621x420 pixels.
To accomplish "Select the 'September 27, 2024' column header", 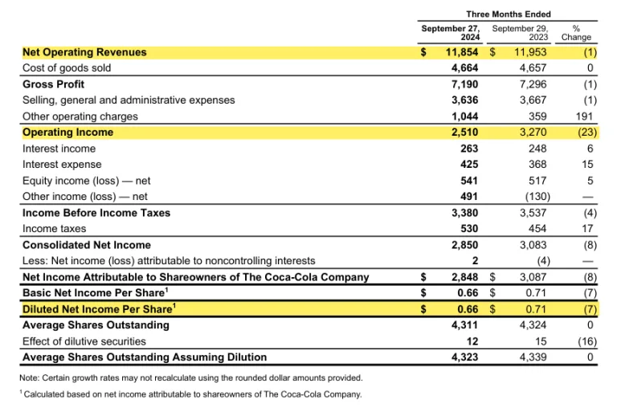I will pos(451,33).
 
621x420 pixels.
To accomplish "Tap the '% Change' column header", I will pos(576,33).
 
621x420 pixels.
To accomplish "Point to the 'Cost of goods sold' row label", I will pos(67,68).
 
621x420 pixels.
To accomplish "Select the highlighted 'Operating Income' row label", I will pos(68,133).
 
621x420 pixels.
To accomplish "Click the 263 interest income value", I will pos(469,149).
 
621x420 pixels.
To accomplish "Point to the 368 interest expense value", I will pos(534,165).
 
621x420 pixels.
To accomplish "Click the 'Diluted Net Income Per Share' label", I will pos(97,309).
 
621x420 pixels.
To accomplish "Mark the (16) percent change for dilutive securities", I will pos(582,341).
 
